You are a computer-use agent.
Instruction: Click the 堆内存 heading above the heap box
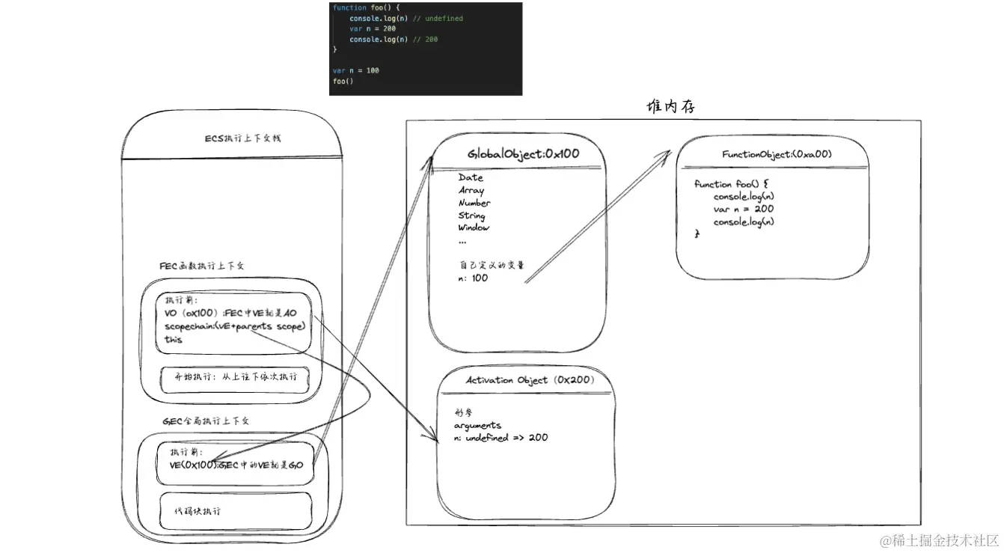click(x=671, y=107)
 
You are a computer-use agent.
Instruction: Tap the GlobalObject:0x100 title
click(x=523, y=154)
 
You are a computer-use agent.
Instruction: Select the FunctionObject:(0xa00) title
click(x=777, y=154)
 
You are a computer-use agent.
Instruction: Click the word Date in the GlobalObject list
click(x=471, y=177)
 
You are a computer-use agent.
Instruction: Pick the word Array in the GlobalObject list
click(x=471, y=190)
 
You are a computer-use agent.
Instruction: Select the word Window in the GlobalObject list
click(x=474, y=227)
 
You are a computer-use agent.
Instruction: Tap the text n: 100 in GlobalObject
click(x=473, y=278)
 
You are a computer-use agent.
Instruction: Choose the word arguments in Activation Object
click(x=477, y=425)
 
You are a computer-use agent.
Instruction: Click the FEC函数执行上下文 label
click(x=202, y=266)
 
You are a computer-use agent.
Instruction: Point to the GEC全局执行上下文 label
click(x=206, y=421)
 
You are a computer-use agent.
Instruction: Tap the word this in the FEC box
click(x=174, y=339)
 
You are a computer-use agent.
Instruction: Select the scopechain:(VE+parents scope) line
click(x=235, y=326)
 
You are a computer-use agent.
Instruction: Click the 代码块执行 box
click(x=233, y=511)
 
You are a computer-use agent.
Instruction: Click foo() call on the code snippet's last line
click(x=343, y=81)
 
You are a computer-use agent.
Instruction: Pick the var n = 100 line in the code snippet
click(x=356, y=70)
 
